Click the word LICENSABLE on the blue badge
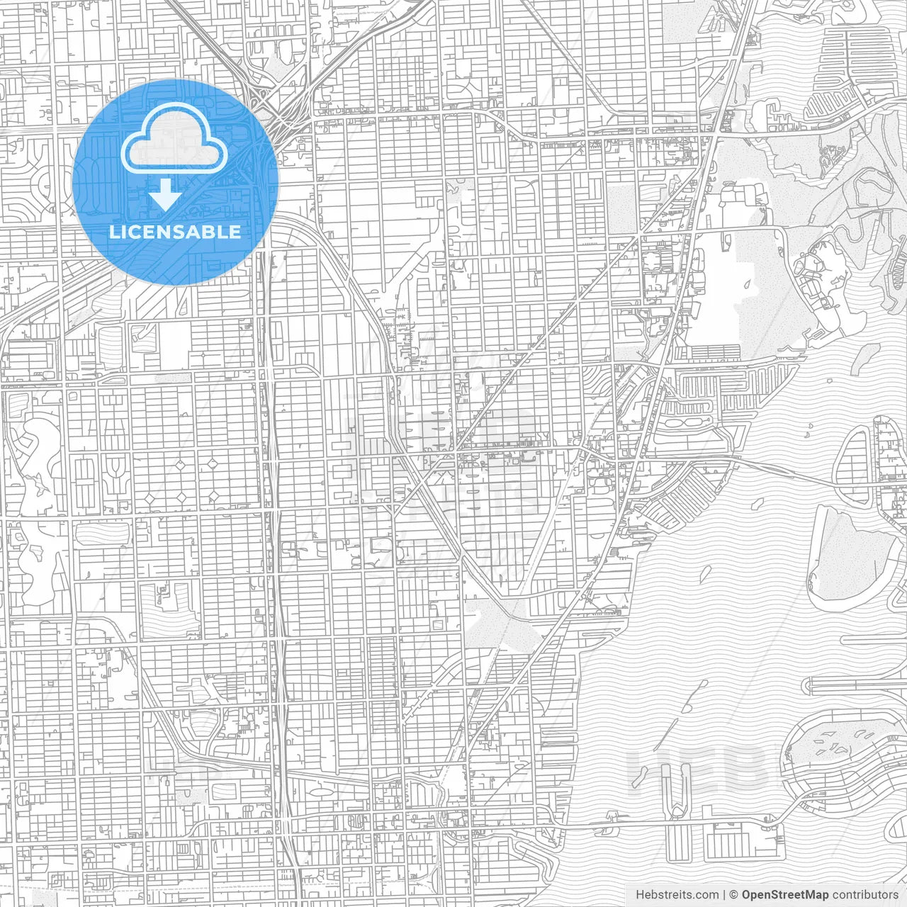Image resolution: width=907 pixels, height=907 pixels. [x=175, y=232]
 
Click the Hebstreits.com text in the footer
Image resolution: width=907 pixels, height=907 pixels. [x=677, y=895]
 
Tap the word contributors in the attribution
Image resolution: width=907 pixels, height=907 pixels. [x=865, y=895]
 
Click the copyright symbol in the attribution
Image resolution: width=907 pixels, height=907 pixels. [x=734, y=895]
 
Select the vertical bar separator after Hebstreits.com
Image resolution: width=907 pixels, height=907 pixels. [x=723, y=895]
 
